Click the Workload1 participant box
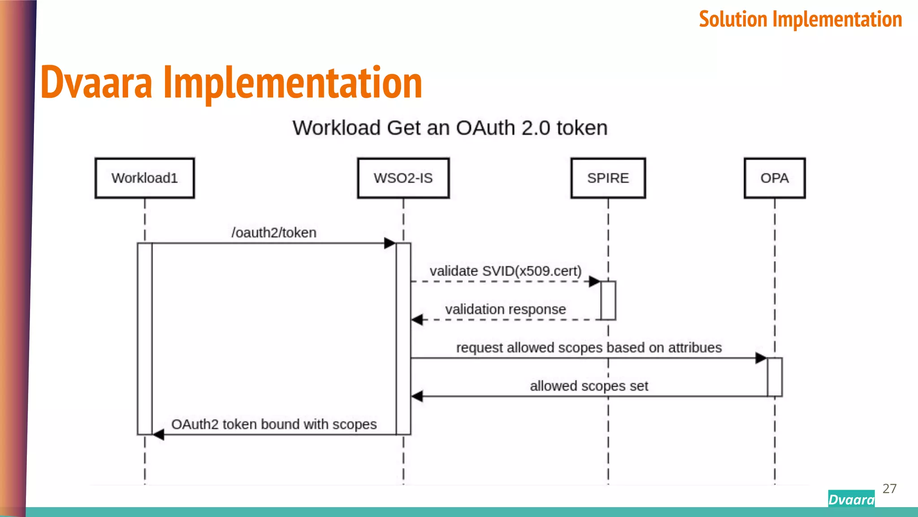coord(144,178)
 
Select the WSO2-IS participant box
coord(403,178)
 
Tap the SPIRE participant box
coord(608,178)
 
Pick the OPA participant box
coord(774,178)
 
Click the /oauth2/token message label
coord(274,232)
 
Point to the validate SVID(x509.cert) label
coord(505,271)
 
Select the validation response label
coord(505,309)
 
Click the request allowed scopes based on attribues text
coord(589,348)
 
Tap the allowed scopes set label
coord(589,386)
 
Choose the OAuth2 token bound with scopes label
coord(274,424)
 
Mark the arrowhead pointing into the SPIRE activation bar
coord(594,281)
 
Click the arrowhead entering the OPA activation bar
coord(761,358)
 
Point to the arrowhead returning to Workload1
coord(159,434)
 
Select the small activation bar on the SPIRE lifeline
coord(608,300)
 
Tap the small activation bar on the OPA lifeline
coord(775,377)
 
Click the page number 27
coord(889,488)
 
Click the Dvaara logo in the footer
coord(851,499)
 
